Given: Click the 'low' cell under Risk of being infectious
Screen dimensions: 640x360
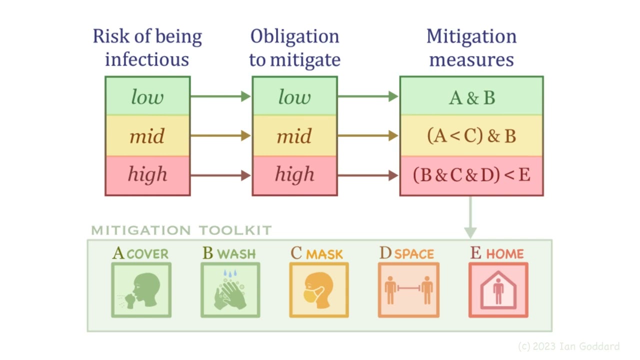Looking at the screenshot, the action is coord(147,96).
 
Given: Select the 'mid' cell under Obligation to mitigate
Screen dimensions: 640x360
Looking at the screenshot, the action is coord(294,135).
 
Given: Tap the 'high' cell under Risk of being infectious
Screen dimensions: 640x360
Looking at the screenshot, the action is coord(147,174).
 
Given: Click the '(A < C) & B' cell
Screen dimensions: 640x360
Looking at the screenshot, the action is coord(471,136).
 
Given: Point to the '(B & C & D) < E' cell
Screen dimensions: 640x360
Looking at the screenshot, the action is coord(471,175).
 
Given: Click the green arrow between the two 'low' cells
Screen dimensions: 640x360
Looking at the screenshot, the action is coord(220,96).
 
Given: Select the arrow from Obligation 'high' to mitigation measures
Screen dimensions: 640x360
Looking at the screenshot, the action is coord(368,175).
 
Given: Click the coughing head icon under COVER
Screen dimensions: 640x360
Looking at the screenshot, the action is coord(141,290).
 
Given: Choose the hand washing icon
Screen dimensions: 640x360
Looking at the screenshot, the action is coord(230,290).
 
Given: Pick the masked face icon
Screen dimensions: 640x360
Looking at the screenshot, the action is coord(319,290).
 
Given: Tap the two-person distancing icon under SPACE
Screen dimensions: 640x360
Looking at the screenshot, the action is coord(408,290).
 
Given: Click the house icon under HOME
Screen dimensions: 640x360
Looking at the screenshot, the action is coord(498,290).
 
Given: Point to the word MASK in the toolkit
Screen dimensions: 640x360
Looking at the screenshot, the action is coord(324,254).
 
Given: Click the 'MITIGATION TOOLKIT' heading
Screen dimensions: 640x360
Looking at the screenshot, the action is coord(181,230).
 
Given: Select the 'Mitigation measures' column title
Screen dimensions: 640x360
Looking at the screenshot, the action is coord(471,48).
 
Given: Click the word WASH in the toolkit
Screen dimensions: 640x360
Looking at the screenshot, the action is coord(236,254).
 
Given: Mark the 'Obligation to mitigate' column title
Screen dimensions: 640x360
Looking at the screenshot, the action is coord(294,48).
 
